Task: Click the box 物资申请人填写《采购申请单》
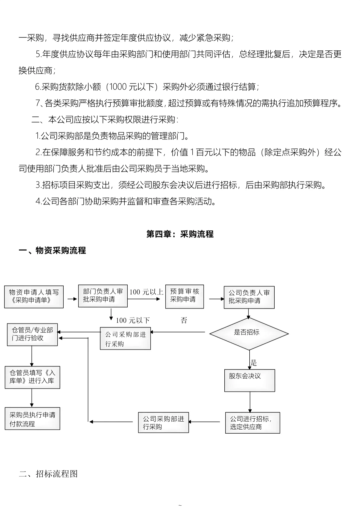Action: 34,297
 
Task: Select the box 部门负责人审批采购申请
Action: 103,296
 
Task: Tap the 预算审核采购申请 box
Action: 184,296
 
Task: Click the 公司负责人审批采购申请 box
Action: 249,297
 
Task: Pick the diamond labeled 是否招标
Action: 249,333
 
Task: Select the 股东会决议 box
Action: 250,380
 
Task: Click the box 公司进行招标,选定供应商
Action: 252,423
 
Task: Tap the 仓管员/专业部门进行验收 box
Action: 32,334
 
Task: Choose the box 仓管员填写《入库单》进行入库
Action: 32,377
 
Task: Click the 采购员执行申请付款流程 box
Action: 32,419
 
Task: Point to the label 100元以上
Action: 146,292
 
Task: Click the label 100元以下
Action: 133,321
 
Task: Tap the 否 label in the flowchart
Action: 184,321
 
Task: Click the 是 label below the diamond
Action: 254,363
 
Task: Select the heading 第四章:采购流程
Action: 180,234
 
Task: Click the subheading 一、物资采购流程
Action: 52,250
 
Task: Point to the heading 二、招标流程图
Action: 48,474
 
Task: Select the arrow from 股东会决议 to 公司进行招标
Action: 250,402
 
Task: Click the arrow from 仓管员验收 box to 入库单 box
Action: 32,356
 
